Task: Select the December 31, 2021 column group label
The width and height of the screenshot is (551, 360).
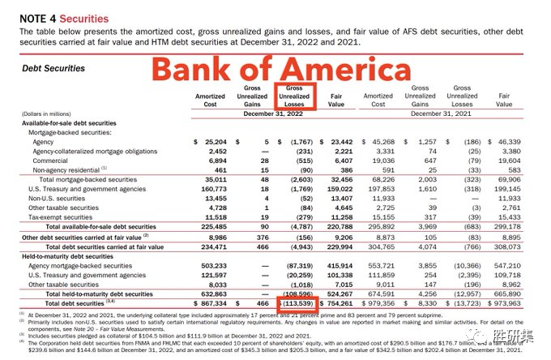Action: [441, 114]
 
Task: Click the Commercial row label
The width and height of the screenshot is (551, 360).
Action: [50, 161]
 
